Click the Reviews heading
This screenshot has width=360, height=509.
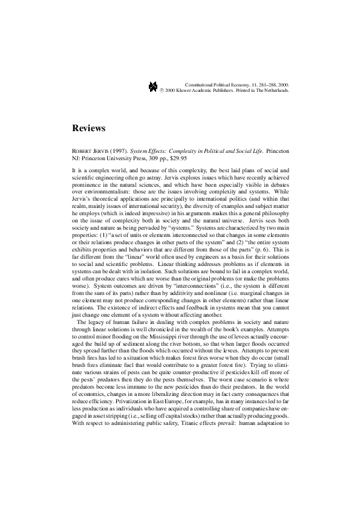[89, 128]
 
